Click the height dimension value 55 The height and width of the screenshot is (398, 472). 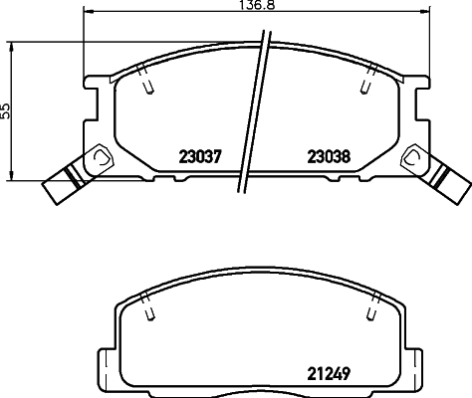click(6, 110)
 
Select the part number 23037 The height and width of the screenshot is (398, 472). click(199, 156)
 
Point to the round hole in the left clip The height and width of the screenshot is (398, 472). click(100, 157)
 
